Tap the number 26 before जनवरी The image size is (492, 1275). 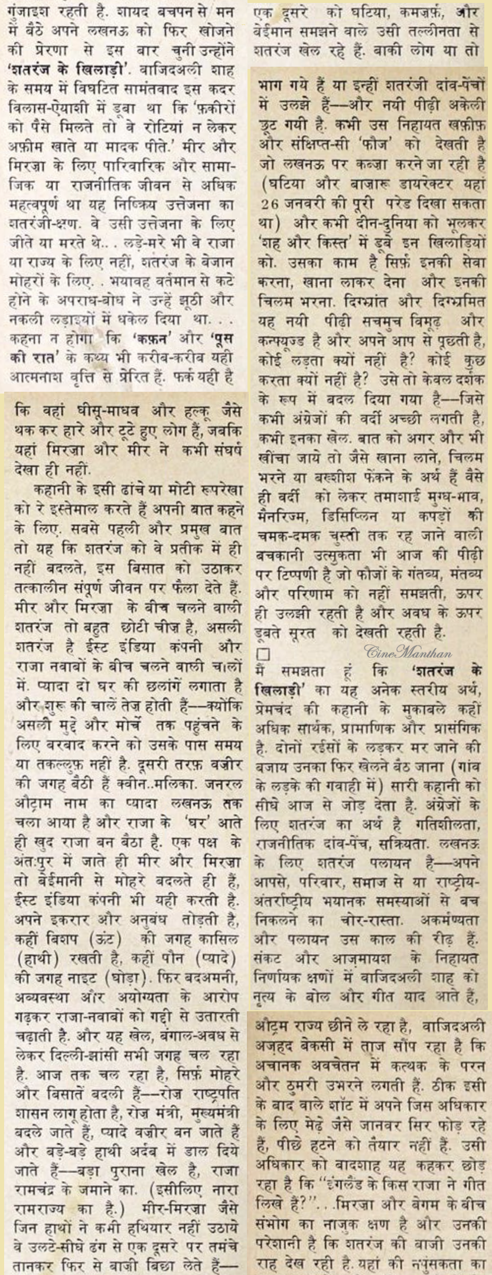pyautogui.click(x=270, y=205)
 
